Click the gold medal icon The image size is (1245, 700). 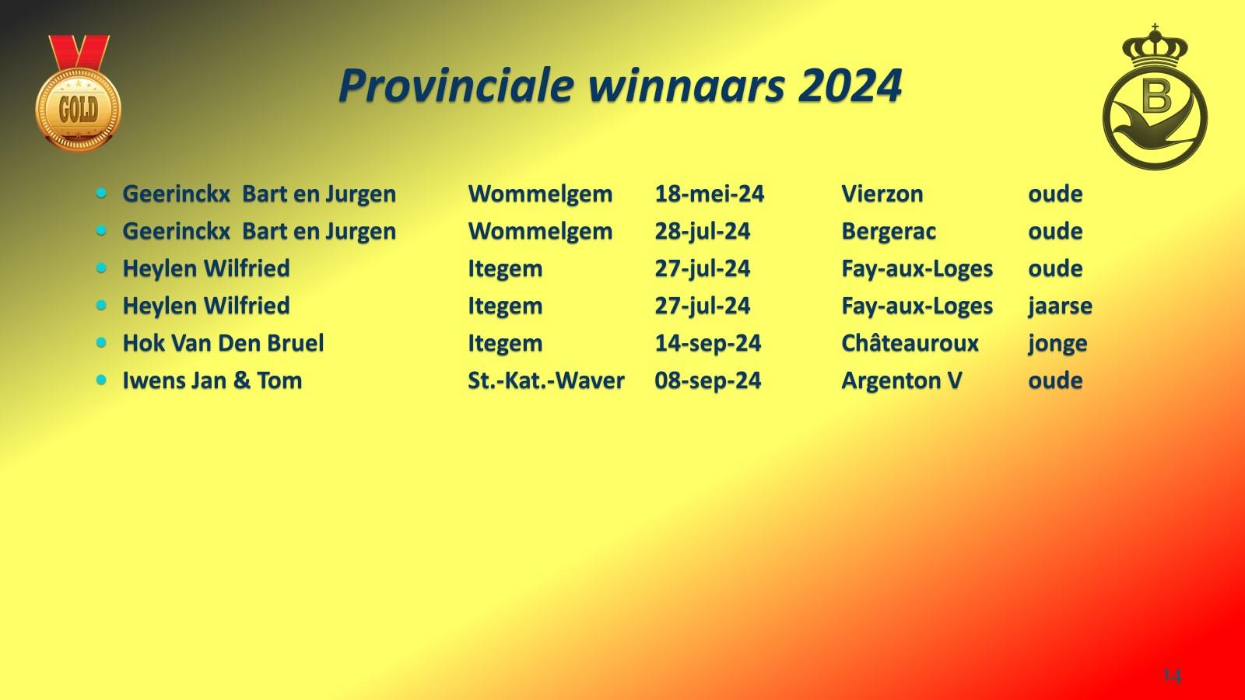point(78,97)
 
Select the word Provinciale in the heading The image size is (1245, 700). point(456,86)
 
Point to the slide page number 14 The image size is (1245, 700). point(1172,675)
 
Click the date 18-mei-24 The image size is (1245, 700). point(709,194)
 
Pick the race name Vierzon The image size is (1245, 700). point(882,194)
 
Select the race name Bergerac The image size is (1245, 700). point(888,231)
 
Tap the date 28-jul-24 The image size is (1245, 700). point(702,231)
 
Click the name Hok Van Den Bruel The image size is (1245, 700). point(223,343)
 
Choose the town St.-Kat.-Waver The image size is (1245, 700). point(545,380)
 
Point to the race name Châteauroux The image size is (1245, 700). point(910,343)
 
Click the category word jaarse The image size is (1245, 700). point(1060,306)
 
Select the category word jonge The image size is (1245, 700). point(1057,343)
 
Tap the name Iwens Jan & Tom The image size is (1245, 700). point(212,380)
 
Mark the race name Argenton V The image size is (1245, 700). point(901,380)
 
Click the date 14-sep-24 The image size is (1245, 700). point(707,343)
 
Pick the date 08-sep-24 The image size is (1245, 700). point(707,380)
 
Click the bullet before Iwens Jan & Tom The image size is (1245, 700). point(102,380)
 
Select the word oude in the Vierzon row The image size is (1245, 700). point(1055,194)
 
